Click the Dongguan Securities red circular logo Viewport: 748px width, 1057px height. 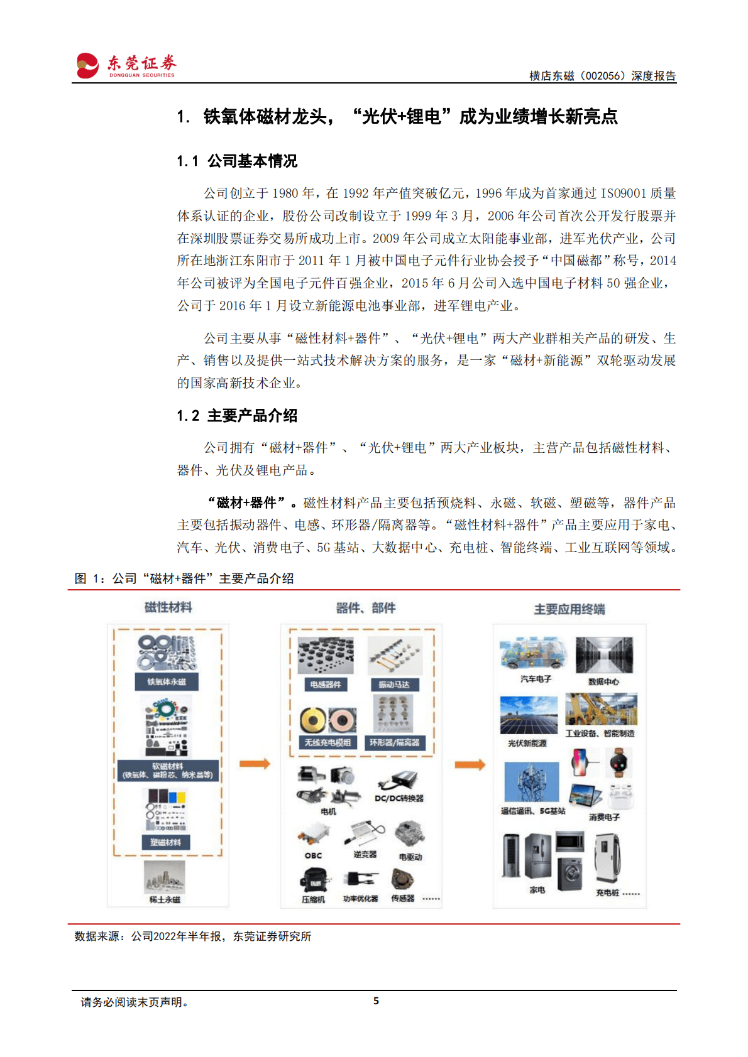coord(88,65)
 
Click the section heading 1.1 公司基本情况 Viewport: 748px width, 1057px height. coord(237,161)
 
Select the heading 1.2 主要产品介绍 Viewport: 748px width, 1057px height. coord(237,416)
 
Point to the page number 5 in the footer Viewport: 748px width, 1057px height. coord(376,1001)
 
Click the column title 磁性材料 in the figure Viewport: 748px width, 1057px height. coord(168,607)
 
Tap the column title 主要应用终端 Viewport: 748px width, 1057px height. coord(569,609)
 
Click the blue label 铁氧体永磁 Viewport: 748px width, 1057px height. coord(167,682)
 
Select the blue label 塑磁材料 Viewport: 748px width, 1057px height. coord(166,842)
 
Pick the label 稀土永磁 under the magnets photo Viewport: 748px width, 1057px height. coord(165,900)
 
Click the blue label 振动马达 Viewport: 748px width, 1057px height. coord(394,685)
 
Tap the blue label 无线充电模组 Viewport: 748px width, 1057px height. coord(327,743)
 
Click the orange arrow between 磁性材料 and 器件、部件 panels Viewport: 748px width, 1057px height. coord(255,764)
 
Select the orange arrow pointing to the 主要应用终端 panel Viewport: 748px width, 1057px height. coord(470,764)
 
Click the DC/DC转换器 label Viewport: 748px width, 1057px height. coord(399,798)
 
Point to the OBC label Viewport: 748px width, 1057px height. coord(313,855)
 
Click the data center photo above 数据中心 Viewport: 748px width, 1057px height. coord(604,655)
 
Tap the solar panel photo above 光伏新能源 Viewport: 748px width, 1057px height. coord(529,715)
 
